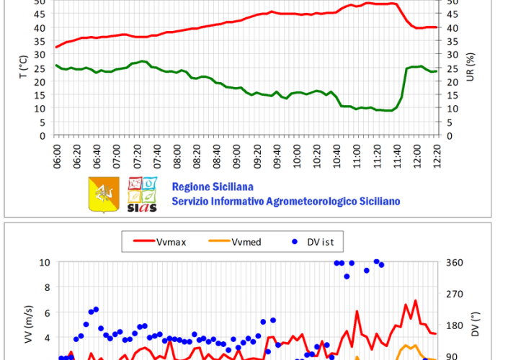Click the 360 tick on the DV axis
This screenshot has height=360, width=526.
[x=456, y=262]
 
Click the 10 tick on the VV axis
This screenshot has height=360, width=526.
[x=45, y=262]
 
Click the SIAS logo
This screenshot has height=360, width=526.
[x=141, y=194]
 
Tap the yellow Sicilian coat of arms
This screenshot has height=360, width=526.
[x=104, y=194]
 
